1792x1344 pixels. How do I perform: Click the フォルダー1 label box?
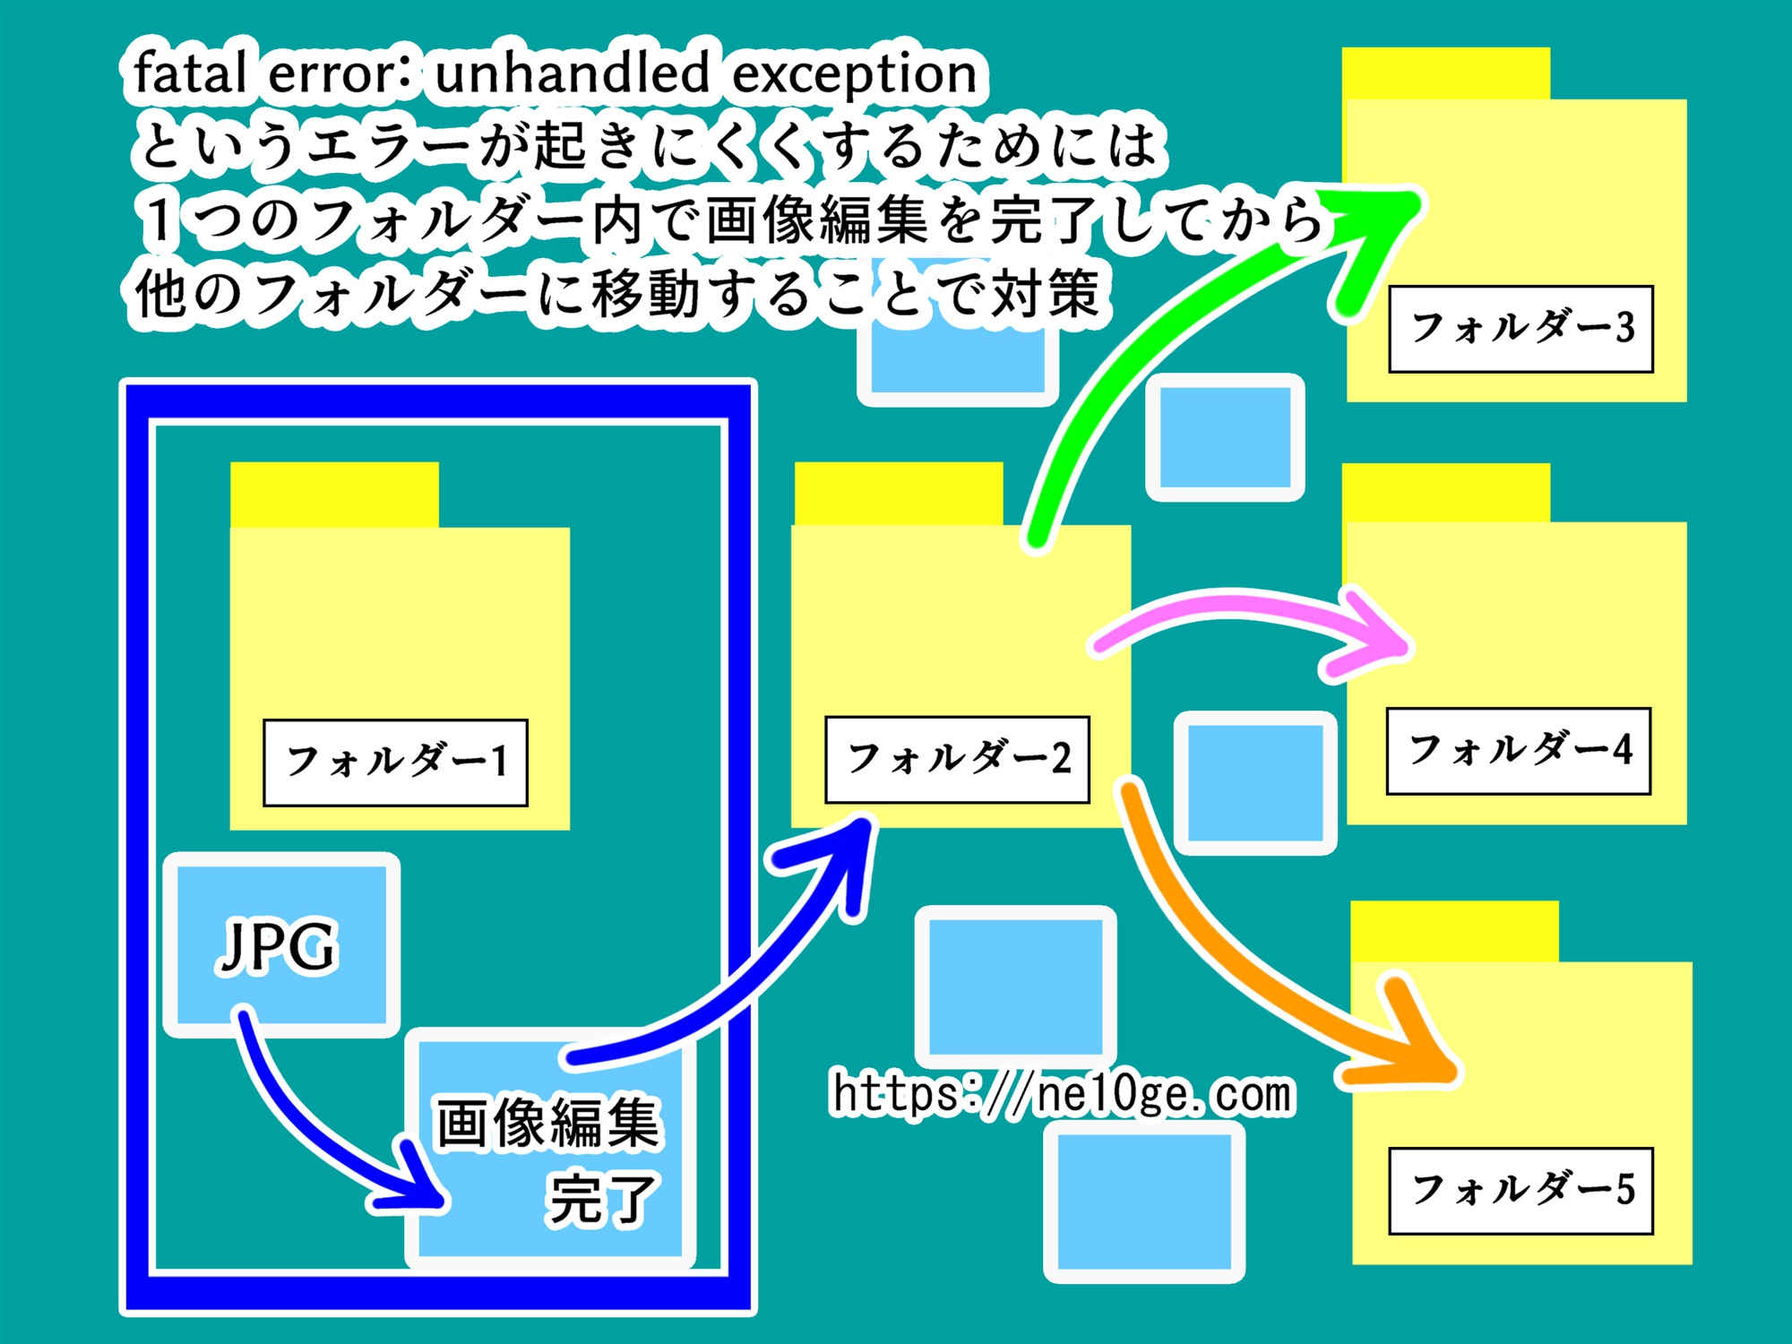pyautogui.click(x=395, y=762)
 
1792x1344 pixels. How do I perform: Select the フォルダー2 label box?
pyautogui.click(x=957, y=759)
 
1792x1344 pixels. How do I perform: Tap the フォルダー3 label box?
pyautogui.click(x=1521, y=329)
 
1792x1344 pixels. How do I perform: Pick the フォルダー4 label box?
pyautogui.click(x=1518, y=751)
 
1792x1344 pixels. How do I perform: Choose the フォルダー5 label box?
pyautogui.click(x=1521, y=1191)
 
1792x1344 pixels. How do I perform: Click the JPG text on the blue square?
pyautogui.click(x=278, y=946)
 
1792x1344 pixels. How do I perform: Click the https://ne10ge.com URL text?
pyautogui.click(x=1063, y=1094)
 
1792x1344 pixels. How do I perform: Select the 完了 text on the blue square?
pyautogui.click(x=602, y=1199)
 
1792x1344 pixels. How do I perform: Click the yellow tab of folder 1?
pyautogui.click(x=333, y=495)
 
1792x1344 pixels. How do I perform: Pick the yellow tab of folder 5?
pyautogui.click(x=1453, y=932)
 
